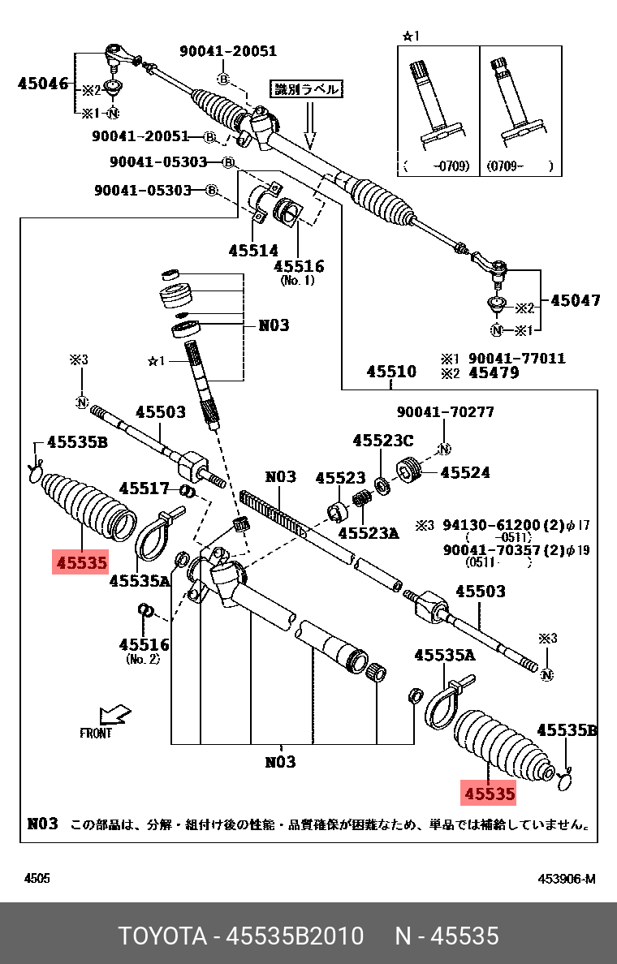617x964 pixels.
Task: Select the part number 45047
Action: click(x=575, y=301)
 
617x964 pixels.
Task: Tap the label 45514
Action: click(x=253, y=251)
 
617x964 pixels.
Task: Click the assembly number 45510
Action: click(x=390, y=372)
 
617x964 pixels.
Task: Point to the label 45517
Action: click(x=144, y=488)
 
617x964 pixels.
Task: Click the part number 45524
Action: click(x=467, y=471)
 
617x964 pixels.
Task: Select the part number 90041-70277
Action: click(x=445, y=412)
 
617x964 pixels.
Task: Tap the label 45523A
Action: click(x=369, y=533)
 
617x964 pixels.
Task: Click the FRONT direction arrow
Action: click(x=113, y=715)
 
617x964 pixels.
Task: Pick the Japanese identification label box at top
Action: click(x=305, y=89)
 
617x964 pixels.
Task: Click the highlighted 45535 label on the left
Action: click(x=80, y=562)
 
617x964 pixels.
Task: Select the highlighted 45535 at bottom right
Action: click(x=488, y=793)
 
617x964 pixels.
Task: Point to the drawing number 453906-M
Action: click(x=566, y=879)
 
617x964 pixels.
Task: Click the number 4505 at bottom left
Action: click(x=37, y=879)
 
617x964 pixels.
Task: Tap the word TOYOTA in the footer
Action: click(x=162, y=936)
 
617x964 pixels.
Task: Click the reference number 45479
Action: click(x=494, y=373)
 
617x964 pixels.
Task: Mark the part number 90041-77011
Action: click(x=516, y=359)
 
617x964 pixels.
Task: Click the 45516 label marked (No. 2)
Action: click(x=144, y=645)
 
